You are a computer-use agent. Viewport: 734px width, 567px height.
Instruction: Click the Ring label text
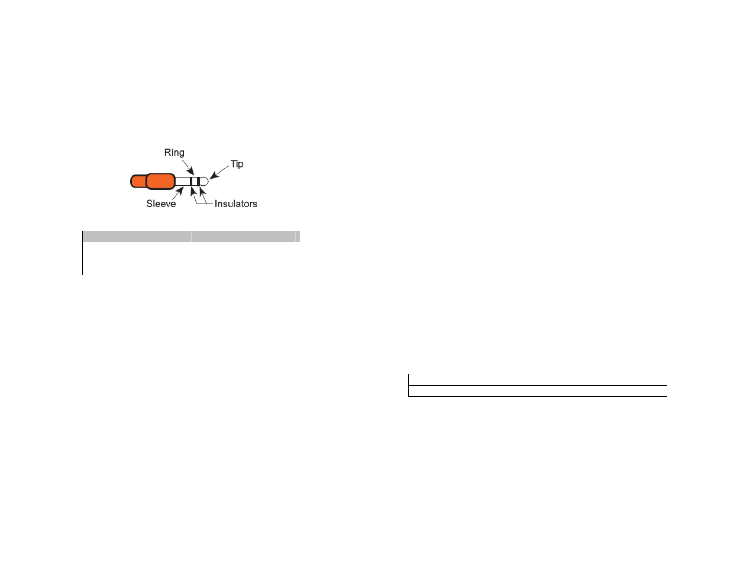pyautogui.click(x=174, y=153)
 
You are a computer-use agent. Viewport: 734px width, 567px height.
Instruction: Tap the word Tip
pyautogui.click(x=237, y=164)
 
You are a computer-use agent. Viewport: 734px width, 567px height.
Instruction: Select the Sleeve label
pyautogui.click(x=161, y=204)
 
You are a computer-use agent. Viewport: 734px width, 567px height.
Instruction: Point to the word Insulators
pyautogui.click(x=236, y=204)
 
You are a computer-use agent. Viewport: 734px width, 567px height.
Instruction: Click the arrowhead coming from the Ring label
pyautogui.click(x=191, y=171)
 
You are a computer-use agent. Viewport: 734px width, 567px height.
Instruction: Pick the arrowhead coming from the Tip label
pyautogui.click(x=214, y=175)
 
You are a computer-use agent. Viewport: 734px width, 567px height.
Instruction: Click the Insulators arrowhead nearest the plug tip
pyautogui.click(x=202, y=191)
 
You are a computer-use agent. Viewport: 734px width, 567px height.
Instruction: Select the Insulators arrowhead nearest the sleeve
pyautogui.click(x=194, y=191)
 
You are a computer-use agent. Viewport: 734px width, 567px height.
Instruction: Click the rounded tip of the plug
pyautogui.click(x=204, y=181)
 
